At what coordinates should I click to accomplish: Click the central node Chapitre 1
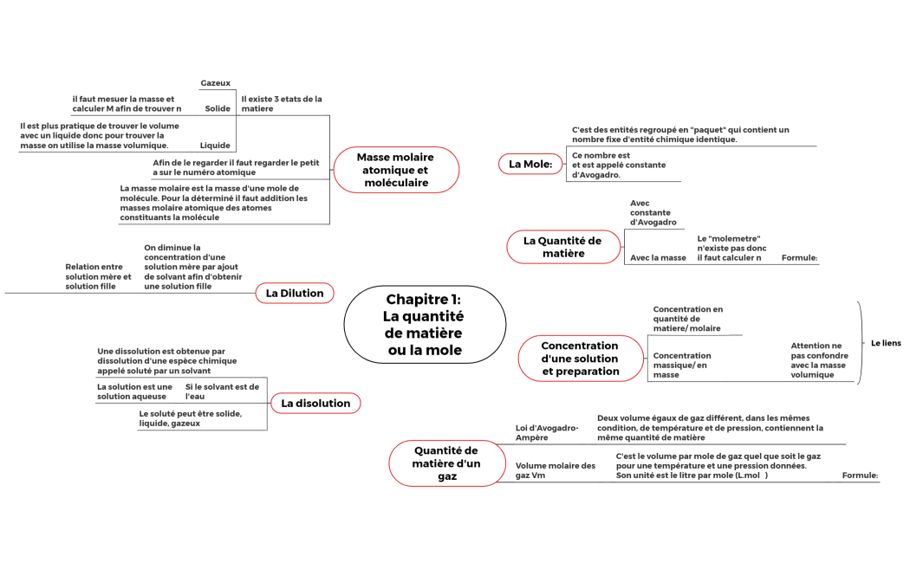(x=425, y=325)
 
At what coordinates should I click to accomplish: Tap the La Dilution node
(x=295, y=294)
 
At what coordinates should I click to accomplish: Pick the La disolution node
(x=315, y=403)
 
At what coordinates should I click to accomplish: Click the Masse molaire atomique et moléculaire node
(x=395, y=170)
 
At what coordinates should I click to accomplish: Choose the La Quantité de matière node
(x=562, y=247)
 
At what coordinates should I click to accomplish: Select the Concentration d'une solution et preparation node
(x=581, y=359)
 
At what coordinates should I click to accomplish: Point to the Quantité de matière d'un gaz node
(x=446, y=463)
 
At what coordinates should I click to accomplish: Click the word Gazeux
(x=216, y=83)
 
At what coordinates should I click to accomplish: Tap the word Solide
(x=218, y=109)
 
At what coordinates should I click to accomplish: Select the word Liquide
(x=216, y=146)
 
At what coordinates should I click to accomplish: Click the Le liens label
(x=886, y=343)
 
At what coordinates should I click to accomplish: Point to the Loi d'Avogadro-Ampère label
(x=546, y=432)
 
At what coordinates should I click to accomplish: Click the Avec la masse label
(x=658, y=257)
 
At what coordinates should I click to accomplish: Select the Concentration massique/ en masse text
(x=682, y=365)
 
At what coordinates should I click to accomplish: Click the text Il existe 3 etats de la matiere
(x=282, y=104)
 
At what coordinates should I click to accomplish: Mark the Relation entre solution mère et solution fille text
(x=94, y=276)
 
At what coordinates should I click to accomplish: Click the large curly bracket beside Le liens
(x=861, y=342)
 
